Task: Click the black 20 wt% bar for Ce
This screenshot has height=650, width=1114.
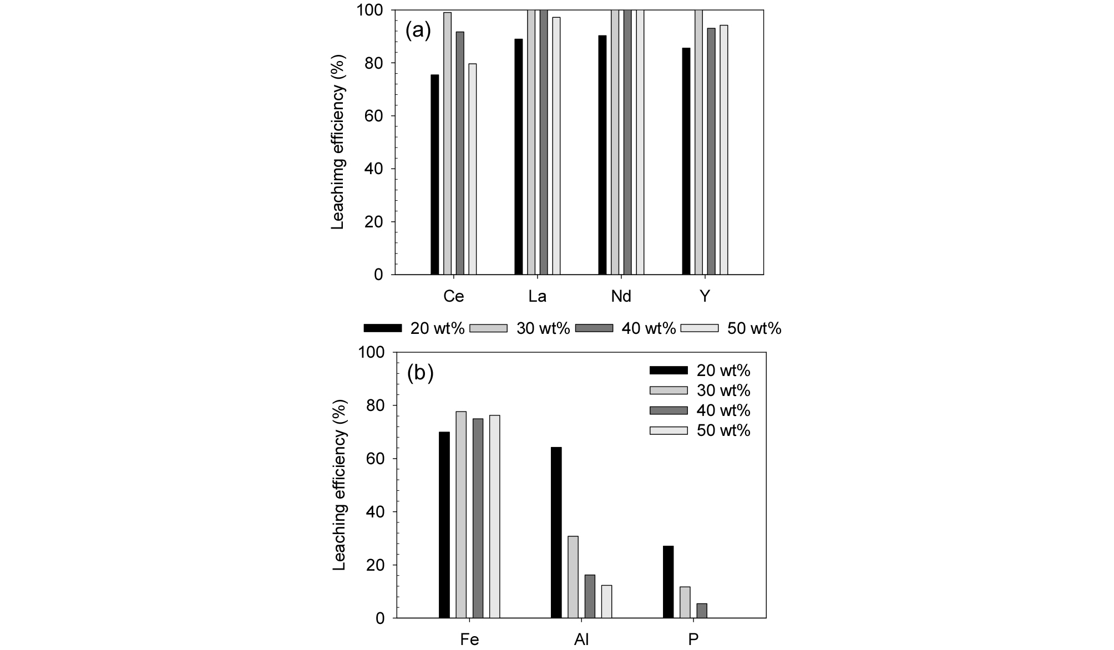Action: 434,175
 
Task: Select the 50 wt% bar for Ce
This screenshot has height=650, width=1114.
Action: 472,169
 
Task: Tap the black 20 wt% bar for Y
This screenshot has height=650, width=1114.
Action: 686,161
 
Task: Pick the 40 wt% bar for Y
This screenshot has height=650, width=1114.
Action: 711,151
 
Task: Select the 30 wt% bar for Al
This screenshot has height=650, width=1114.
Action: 573,577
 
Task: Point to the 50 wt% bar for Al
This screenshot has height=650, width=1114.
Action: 606,601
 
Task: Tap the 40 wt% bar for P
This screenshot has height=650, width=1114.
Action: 702,611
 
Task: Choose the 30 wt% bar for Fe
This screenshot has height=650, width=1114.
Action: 461,515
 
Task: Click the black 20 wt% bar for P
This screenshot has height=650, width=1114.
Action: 668,582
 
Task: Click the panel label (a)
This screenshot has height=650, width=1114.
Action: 418,31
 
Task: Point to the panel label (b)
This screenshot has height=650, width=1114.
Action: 420,373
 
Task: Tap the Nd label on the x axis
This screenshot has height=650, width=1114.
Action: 621,297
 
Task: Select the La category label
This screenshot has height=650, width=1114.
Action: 537,297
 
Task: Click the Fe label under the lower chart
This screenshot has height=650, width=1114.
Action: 469,639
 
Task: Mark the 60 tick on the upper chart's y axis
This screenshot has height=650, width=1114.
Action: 374,116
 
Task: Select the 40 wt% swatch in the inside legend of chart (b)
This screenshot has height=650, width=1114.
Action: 669,410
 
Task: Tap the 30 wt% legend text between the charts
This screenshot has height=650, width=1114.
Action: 543,328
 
